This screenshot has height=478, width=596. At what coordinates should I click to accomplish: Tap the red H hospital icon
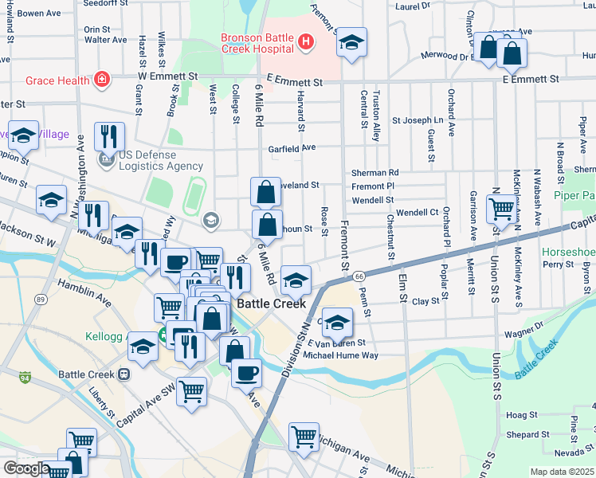(x=304, y=41)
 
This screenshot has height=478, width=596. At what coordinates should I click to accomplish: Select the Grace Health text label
(x=58, y=80)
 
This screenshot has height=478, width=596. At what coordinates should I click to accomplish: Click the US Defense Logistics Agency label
(x=150, y=160)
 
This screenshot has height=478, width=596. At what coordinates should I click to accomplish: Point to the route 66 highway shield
(x=359, y=276)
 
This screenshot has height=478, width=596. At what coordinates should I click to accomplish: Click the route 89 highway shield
(x=40, y=299)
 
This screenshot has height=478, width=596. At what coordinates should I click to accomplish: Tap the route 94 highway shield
(x=26, y=375)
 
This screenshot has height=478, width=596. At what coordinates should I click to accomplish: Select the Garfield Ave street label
(x=292, y=147)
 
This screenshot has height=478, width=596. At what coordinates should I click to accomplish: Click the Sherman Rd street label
(x=374, y=172)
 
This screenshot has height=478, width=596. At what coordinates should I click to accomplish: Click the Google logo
(x=26, y=468)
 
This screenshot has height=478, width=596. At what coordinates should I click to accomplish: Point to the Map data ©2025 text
(x=563, y=472)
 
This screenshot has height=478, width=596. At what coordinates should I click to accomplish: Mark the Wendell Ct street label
(x=418, y=213)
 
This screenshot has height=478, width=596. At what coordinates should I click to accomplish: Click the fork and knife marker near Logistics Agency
(x=109, y=137)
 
